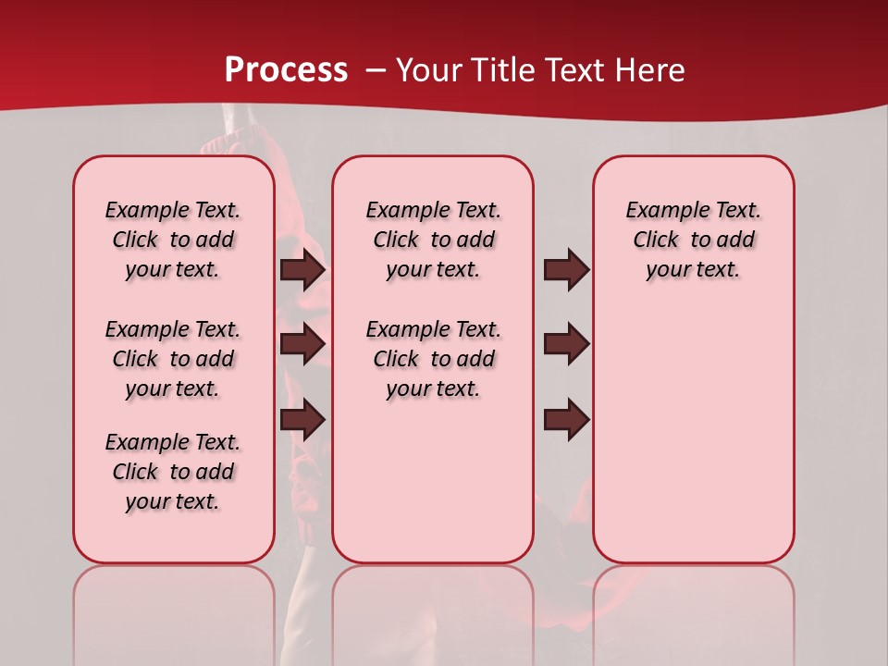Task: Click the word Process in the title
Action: point(286,69)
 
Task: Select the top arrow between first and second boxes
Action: point(302,270)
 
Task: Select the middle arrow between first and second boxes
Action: point(302,344)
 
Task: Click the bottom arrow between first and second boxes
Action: point(302,420)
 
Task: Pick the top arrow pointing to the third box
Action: point(566,270)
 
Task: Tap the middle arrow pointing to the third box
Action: point(566,344)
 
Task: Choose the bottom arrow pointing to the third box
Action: point(566,420)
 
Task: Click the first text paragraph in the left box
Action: point(173,240)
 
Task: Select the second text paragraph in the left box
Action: point(173,359)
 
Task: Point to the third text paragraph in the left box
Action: point(173,472)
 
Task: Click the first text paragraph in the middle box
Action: point(433,240)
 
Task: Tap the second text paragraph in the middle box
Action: point(433,359)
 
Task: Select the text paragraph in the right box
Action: point(694,240)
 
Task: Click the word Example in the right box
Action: point(660,210)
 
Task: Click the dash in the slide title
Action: point(376,69)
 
